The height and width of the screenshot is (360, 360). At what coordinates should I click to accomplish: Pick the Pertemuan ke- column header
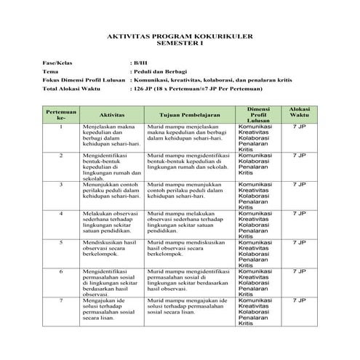point(61,115)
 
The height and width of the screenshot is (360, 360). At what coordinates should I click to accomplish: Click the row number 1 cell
point(61,127)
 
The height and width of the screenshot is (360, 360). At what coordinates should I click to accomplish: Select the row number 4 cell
point(61,213)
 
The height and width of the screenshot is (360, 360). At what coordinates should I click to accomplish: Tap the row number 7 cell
point(61,299)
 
